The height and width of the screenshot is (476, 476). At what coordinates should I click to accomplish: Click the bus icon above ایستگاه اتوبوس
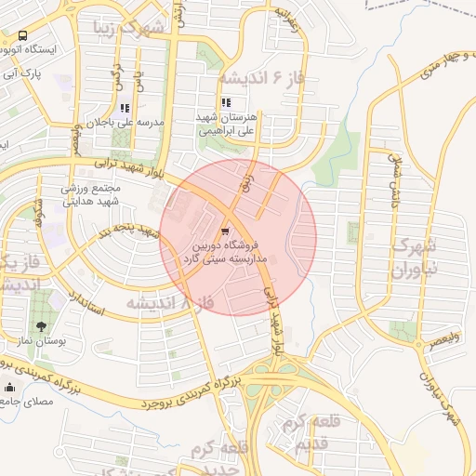click(22, 35)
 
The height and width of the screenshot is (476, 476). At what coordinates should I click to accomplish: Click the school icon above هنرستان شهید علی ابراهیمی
click(226, 103)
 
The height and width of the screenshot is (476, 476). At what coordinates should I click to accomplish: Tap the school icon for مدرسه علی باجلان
click(125, 108)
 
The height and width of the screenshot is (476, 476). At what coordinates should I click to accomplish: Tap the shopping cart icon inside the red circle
click(227, 230)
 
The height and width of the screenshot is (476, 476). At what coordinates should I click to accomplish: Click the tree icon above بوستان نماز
click(42, 326)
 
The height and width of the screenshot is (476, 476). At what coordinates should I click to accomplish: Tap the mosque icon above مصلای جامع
click(10, 387)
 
